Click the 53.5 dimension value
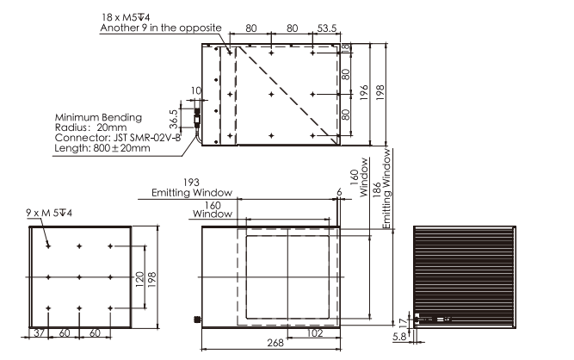326,28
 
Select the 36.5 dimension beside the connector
174,119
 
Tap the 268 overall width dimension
275,343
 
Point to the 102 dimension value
315,333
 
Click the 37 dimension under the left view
39,333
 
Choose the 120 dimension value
139,279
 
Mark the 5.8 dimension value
399,337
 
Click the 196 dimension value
363,93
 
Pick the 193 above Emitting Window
191,182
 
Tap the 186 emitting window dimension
377,190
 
